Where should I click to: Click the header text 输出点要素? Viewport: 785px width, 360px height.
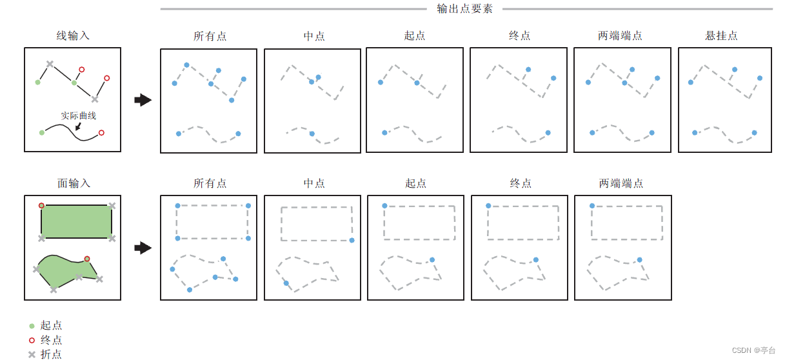click(x=464, y=8)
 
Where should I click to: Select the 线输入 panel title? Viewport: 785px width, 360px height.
click(x=73, y=35)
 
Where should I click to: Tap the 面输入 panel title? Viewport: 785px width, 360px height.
click(x=74, y=183)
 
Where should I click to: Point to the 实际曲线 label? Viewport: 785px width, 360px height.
click(x=79, y=115)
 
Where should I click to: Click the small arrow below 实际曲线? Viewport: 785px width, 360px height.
click(x=78, y=126)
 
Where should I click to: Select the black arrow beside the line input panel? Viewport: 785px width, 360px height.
click(x=143, y=100)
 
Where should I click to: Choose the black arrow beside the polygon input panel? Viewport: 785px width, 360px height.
click(x=143, y=248)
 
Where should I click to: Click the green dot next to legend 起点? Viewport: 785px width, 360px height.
click(x=32, y=326)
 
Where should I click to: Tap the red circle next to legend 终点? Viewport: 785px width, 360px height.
click(x=32, y=340)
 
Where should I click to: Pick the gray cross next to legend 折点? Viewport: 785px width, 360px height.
click(x=32, y=354)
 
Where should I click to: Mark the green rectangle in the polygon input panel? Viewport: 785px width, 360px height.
click(x=76, y=221)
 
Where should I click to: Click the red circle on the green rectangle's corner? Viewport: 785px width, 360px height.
click(x=41, y=206)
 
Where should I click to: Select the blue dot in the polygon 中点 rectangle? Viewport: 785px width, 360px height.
click(x=352, y=240)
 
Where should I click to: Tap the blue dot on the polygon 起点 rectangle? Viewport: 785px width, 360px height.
click(x=384, y=206)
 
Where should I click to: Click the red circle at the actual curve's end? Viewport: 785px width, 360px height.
click(x=101, y=133)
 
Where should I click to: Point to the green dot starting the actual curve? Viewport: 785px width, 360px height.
click(x=42, y=132)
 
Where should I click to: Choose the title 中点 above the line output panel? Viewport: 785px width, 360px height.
click(x=314, y=35)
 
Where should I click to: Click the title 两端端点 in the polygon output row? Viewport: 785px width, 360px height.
click(x=621, y=183)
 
